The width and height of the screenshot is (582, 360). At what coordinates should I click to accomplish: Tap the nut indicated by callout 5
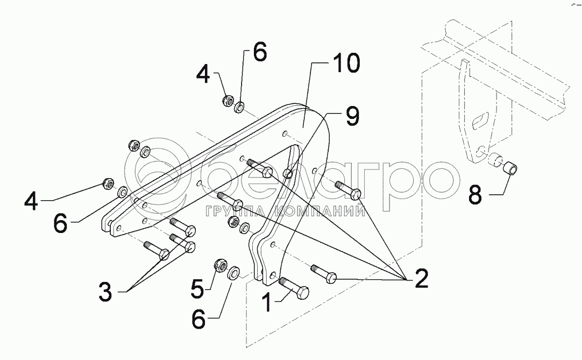pos(219,264)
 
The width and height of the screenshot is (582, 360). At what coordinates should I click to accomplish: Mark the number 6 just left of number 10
pos(259,54)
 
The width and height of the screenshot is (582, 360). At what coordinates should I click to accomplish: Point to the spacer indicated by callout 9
pos(288,173)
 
